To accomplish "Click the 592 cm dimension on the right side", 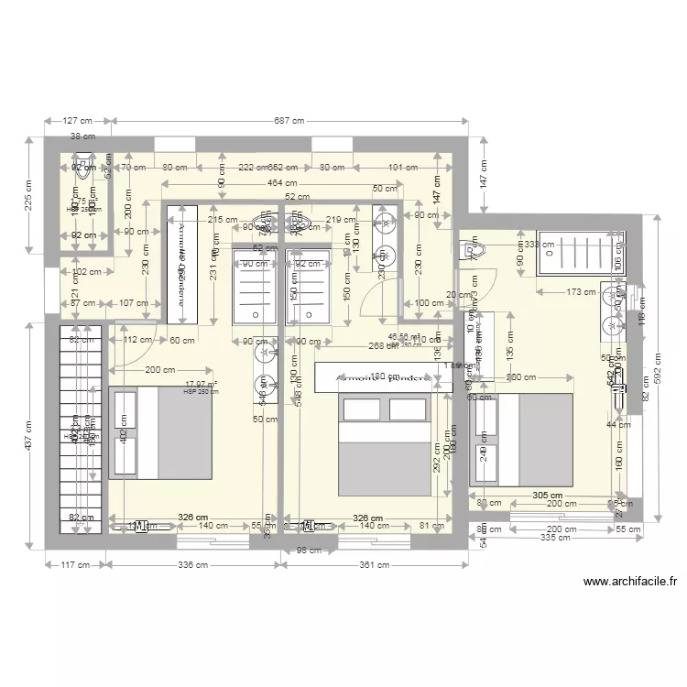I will pos(658,365).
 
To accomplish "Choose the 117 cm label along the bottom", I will pos(75,564).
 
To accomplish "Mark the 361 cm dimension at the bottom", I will pos(374,564).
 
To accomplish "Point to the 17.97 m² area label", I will pos(201,385).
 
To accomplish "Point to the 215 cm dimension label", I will pos(224,220).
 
